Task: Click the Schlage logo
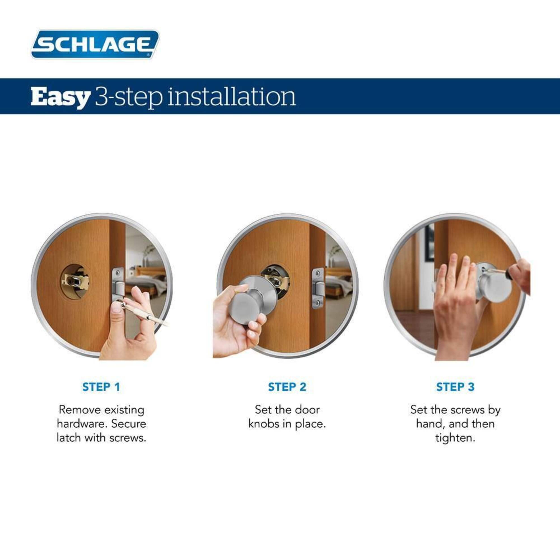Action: coord(95,44)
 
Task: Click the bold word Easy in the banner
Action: coord(60,97)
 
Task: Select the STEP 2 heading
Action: coord(287,387)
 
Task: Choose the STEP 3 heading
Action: coord(455,387)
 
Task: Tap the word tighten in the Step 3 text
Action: coord(455,438)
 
